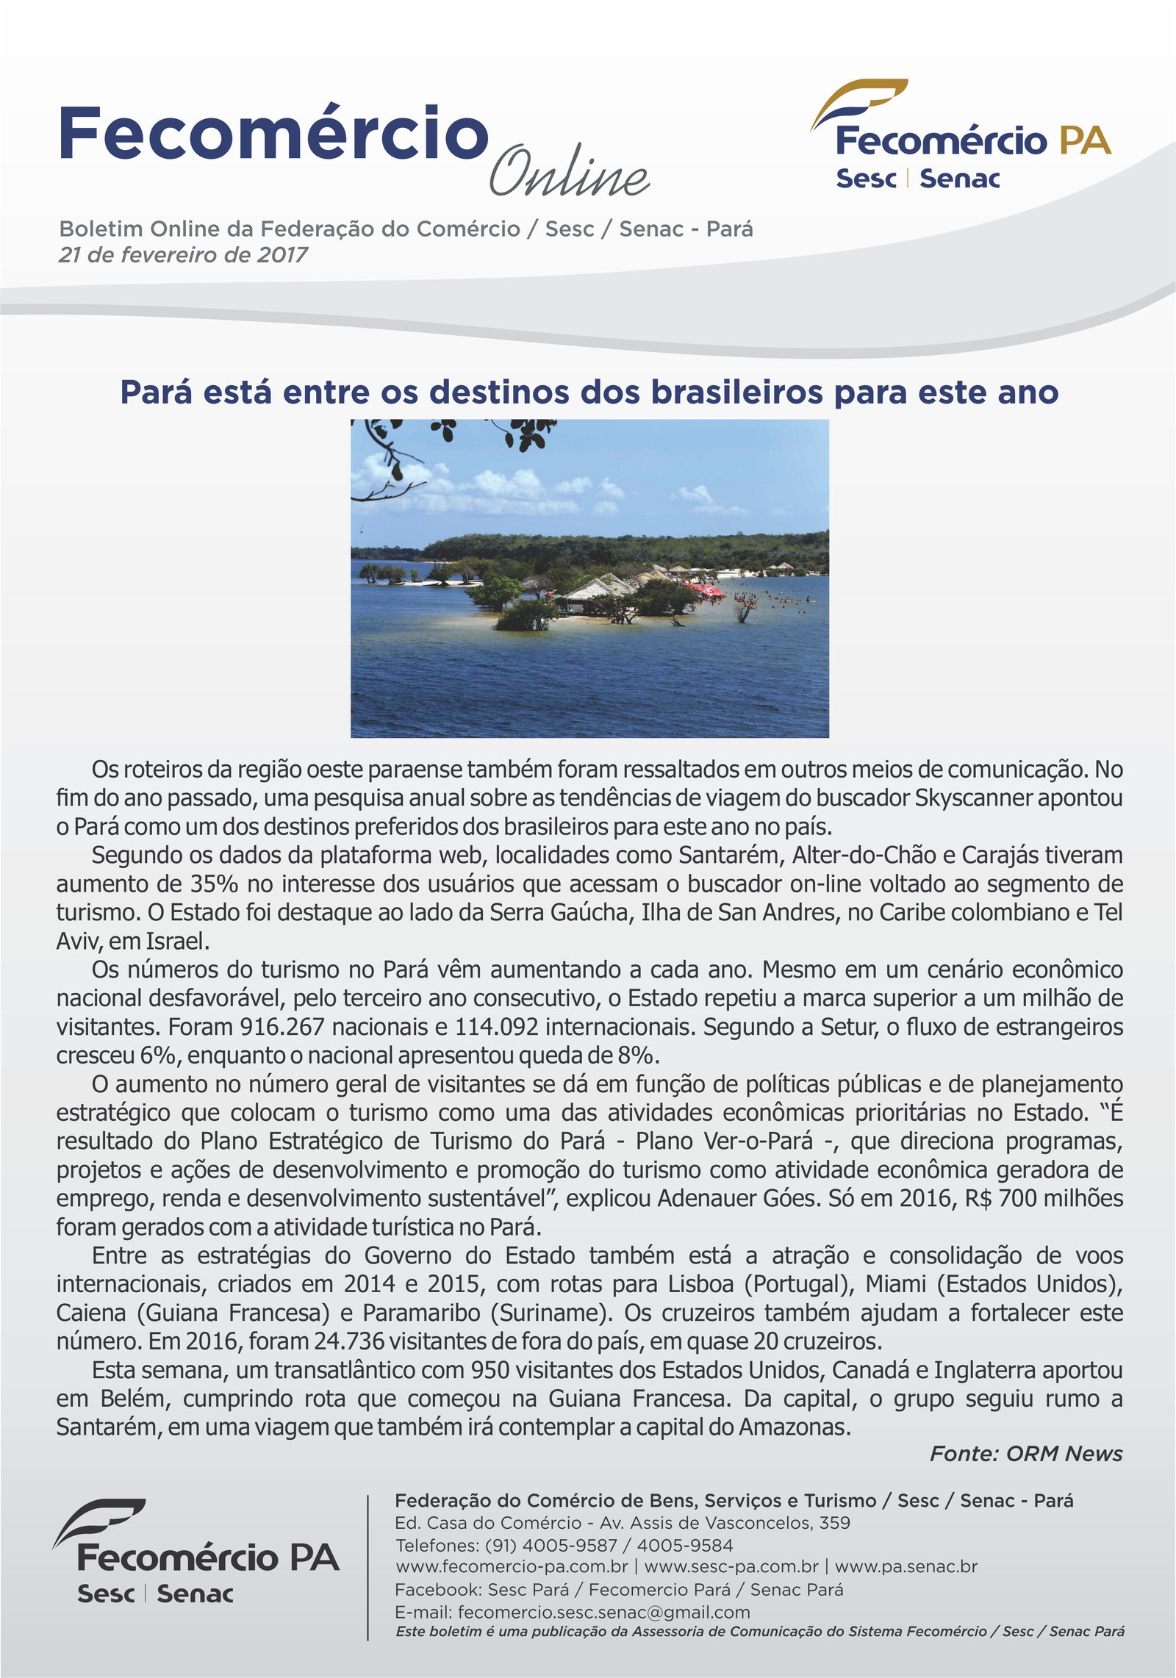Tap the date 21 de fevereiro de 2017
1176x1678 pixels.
pos(183,255)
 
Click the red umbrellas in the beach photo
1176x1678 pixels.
pos(703,589)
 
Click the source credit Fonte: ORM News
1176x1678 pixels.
pos(1026,1454)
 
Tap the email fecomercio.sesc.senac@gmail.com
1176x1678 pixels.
pos(603,1612)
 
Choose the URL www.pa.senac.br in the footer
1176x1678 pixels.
pos(906,1566)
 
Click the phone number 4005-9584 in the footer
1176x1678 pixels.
pos(684,1545)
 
